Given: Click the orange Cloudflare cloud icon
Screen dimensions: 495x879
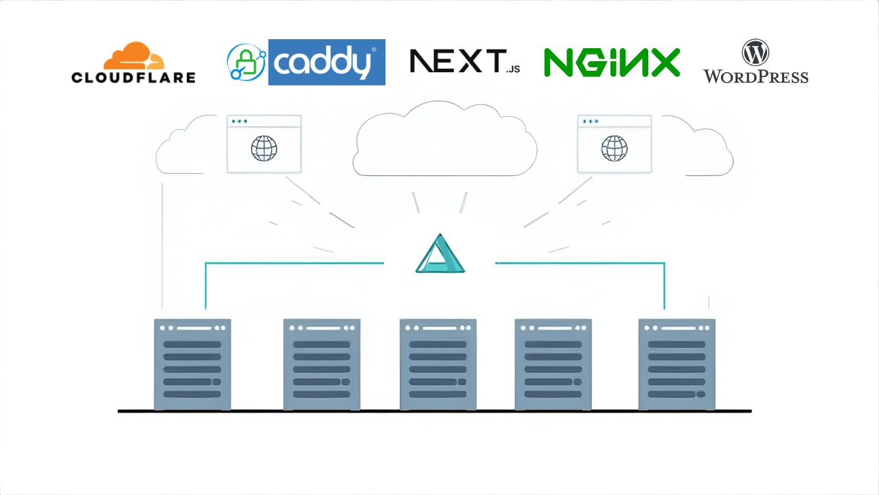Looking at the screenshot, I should (134, 56).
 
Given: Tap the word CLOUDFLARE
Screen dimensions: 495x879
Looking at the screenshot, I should (133, 77).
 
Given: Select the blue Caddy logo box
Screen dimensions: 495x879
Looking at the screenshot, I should (326, 62).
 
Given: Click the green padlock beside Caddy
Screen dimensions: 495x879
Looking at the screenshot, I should (246, 64).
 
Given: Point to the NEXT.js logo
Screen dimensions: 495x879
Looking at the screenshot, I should (464, 61).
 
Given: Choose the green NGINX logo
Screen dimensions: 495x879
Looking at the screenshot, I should (612, 62).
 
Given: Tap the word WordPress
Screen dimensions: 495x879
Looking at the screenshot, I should (755, 76).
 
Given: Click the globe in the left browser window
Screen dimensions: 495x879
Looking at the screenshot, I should (264, 148).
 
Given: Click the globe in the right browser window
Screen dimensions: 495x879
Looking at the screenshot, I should (614, 148).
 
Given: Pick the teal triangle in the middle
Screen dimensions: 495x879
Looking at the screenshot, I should (440, 255).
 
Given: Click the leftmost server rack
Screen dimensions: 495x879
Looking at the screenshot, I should (192, 364).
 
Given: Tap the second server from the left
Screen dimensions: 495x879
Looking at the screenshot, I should (322, 364).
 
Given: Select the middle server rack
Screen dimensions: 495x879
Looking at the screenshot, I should (438, 364).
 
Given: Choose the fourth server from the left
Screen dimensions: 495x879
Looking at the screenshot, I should (553, 364).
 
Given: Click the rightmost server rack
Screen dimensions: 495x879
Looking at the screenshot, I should (676, 364).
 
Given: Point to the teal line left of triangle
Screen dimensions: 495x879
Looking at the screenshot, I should (295, 263).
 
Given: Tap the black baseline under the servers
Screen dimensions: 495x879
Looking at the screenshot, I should (434, 411).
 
